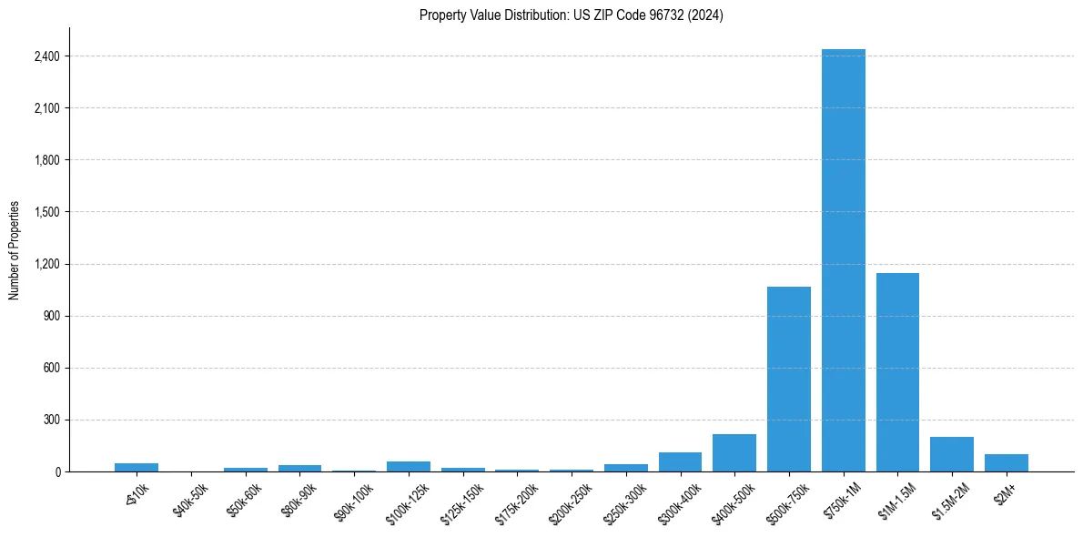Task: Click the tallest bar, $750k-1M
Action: pos(843,260)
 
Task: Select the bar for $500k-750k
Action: pos(788,380)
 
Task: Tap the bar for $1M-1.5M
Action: pos(897,372)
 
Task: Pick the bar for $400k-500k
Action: pos(734,453)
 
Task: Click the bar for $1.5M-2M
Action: pos(952,454)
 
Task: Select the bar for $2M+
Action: pos(1006,463)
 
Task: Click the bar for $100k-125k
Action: pos(409,467)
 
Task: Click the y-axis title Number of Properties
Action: pos(14,250)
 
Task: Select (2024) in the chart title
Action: pos(707,15)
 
